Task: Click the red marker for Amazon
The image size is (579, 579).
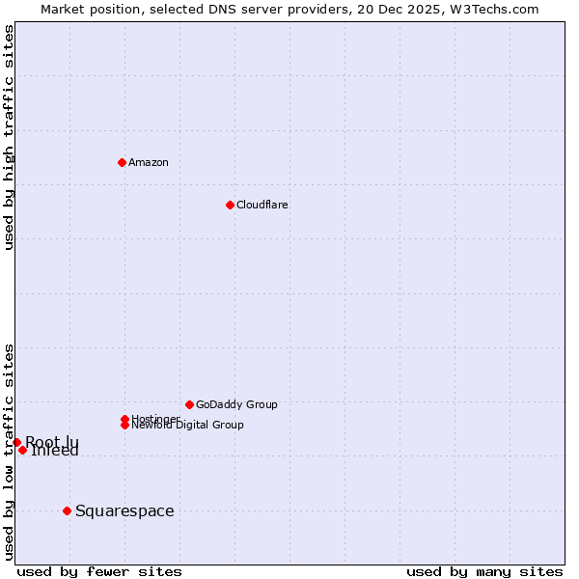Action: (x=122, y=162)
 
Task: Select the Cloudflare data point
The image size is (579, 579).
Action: (x=230, y=205)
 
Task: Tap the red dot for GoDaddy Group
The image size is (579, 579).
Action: (x=189, y=404)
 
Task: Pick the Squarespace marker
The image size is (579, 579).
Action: (x=67, y=510)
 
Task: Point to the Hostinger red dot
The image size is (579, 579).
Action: (x=124, y=419)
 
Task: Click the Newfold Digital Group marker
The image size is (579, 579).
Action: (x=124, y=426)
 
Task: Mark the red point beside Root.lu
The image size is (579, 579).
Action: (x=16, y=442)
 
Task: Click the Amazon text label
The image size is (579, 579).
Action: (x=148, y=162)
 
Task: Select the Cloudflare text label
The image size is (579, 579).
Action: (x=262, y=205)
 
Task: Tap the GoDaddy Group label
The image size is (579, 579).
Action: (x=236, y=404)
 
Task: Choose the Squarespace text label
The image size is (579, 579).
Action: (x=124, y=510)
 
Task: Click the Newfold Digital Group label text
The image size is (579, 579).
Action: (x=188, y=426)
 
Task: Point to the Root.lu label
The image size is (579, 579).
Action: (x=52, y=441)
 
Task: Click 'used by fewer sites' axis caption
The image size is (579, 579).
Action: (x=98, y=571)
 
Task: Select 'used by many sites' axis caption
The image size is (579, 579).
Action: (x=484, y=571)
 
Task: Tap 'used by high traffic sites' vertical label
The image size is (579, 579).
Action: (x=9, y=137)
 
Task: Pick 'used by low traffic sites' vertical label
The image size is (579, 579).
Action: (x=9, y=452)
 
